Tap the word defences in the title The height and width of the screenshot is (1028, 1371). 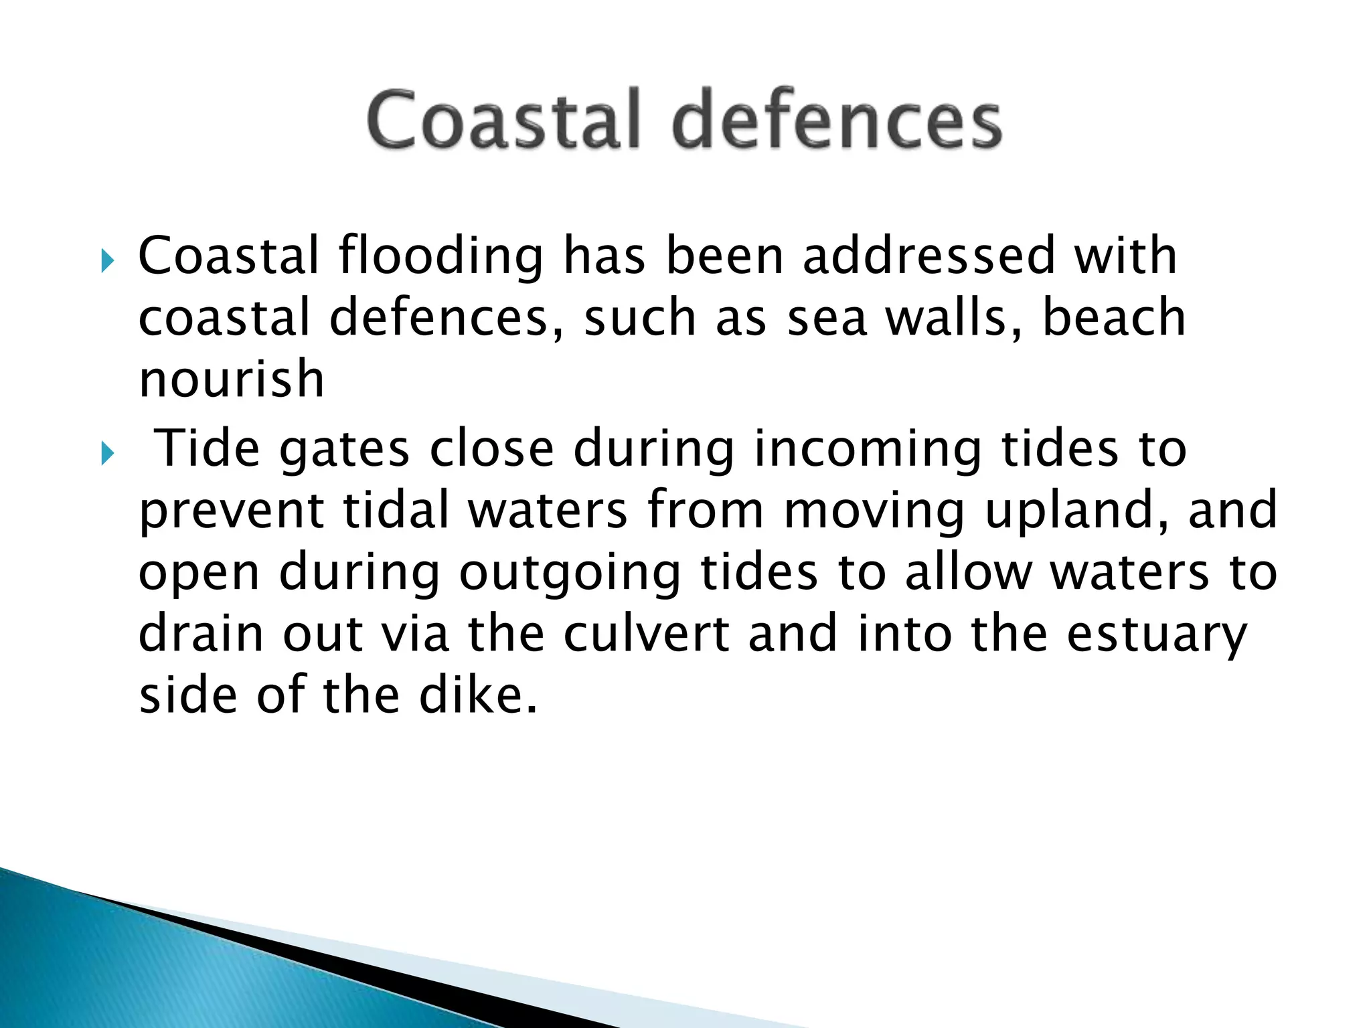837,120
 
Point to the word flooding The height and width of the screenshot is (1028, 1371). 441,257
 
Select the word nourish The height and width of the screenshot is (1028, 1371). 232,379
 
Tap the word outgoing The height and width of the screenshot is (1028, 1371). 570,574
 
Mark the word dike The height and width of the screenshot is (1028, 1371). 478,695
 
